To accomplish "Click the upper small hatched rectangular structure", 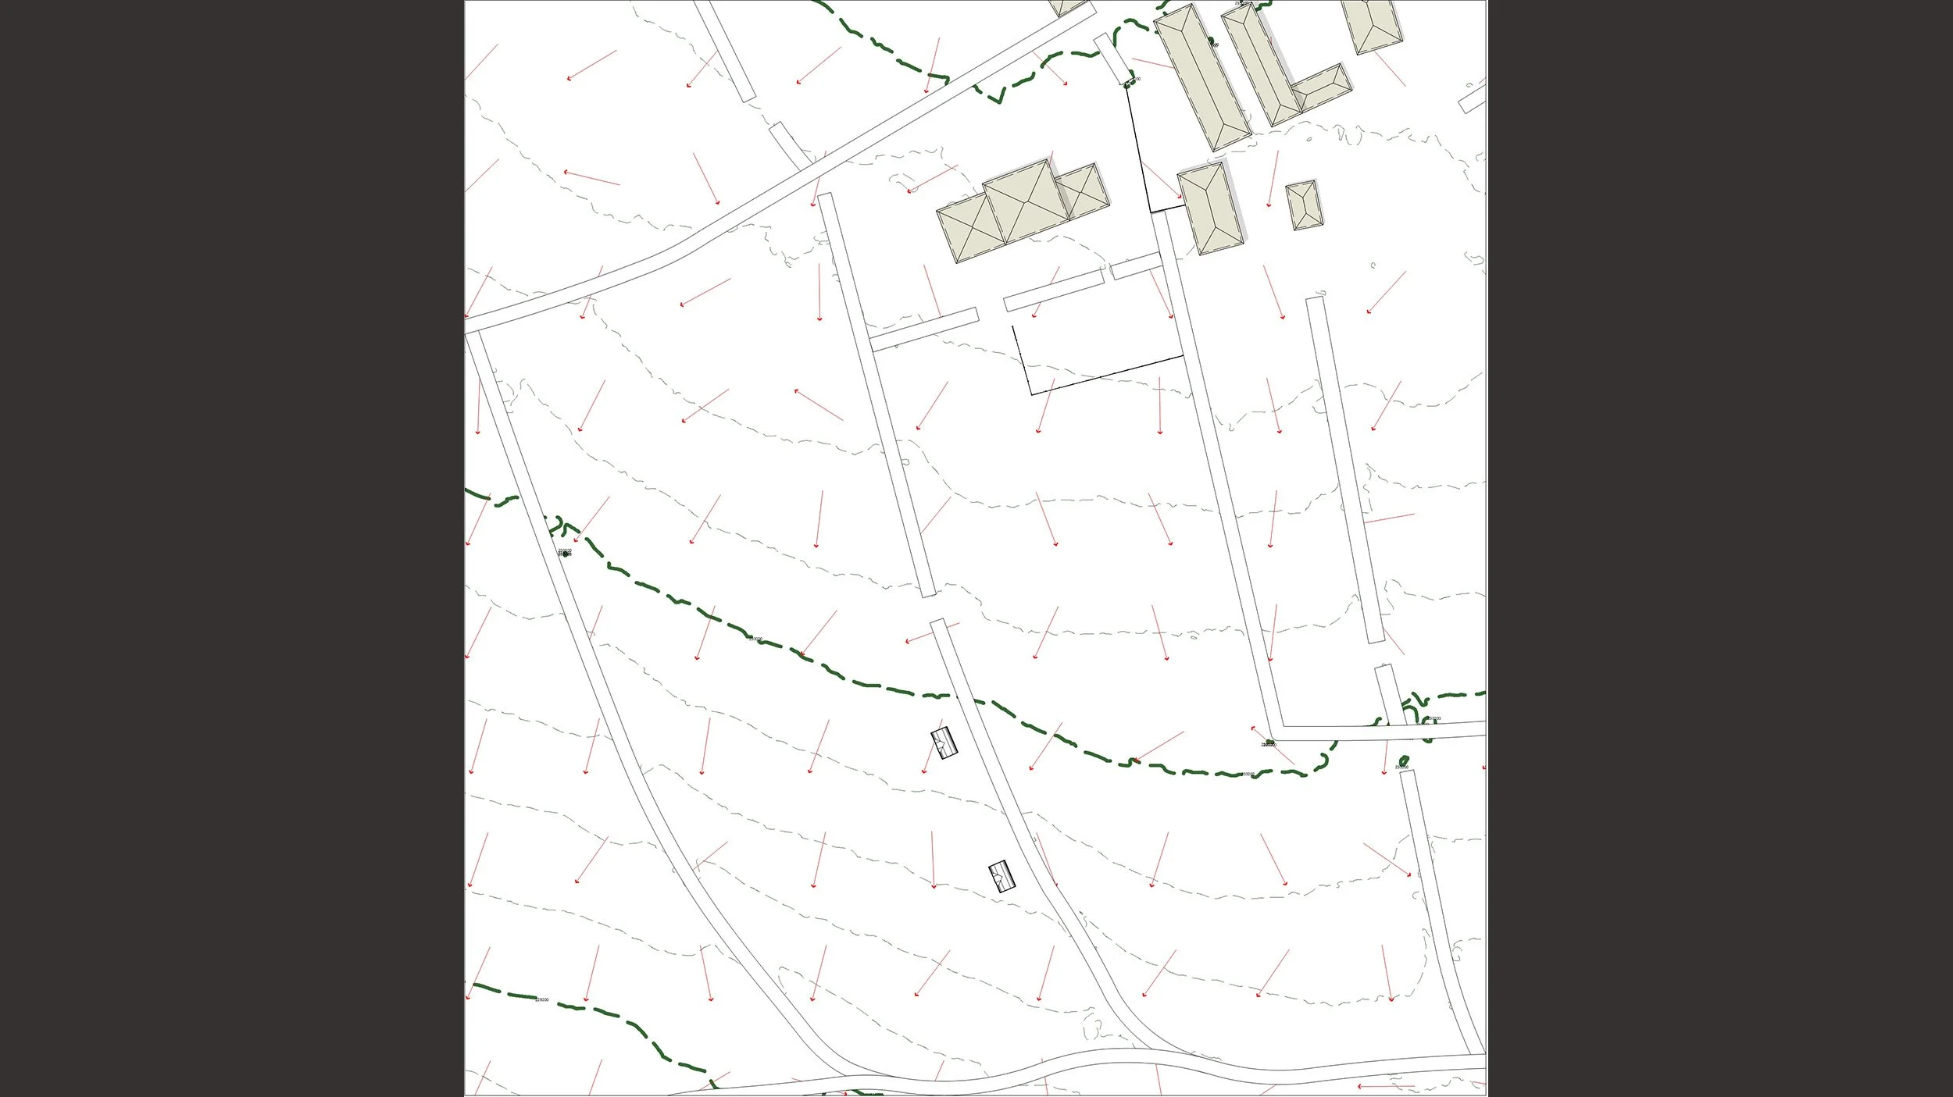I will click(x=943, y=743).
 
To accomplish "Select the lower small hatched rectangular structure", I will click(x=1001, y=876).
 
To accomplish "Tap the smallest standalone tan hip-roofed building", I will click(x=1301, y=205).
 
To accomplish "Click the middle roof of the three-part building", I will click(x=1026, y=203).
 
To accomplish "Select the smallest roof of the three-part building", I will click(x=1082, y=191).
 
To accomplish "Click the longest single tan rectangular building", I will click(x=1201, y=77).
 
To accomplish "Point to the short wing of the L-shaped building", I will click(x=1322, y=88).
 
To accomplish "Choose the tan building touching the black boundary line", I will click(x=1209, y=208).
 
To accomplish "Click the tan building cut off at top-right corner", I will click(x=1371, y=23).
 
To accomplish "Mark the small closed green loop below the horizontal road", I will click(x=1404, y=760).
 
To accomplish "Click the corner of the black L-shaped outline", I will click(x=1031, y=394).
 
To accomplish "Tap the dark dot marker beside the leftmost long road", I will click(x=566, y=554).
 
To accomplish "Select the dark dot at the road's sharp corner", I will click(x=1270, y=741).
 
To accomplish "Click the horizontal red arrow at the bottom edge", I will click(x=1385, y=1086).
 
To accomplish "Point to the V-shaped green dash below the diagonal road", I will click(x=995, y=94).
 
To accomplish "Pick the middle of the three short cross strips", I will click(x=1053, y=290).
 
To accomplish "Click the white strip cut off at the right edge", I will click(x=1472, y=99).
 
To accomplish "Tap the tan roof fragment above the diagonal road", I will click(x=1067, y=7).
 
